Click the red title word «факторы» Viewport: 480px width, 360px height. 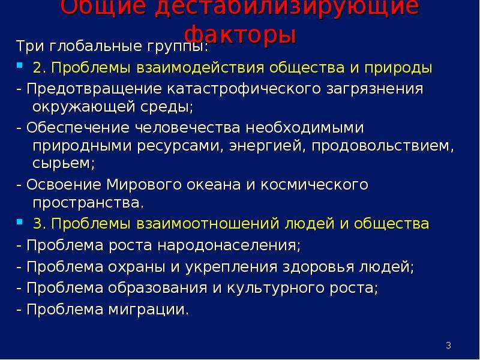pos(241,35)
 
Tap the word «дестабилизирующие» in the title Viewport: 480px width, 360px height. pos(287,7)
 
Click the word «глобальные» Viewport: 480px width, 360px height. pos(95,46)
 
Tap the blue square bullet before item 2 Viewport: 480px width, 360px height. pos(20,65)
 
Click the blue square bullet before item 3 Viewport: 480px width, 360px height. pos(20,221)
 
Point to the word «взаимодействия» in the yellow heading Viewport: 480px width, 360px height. pos(200,68)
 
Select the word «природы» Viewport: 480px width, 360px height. pos(398,68)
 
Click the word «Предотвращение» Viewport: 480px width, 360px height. pos(94,89)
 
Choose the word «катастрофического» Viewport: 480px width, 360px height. pos(244,89)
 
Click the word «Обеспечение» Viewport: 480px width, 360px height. pos(78,127)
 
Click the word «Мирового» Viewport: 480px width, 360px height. pos(143,185)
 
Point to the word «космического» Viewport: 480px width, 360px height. pos(314,185)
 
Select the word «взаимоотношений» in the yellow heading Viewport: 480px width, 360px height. pos(208,224)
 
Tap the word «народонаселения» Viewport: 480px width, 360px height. pos(229,245)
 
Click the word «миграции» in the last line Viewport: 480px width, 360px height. pos(149,310)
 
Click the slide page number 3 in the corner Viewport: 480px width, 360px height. pos(448,346)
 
